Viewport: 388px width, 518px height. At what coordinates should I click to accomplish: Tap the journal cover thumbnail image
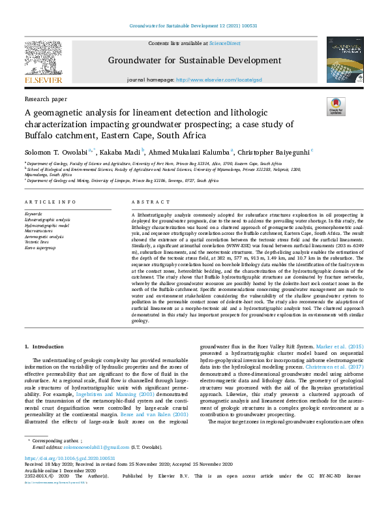(x=344, y=59)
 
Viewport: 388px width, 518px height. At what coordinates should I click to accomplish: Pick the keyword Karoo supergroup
(x=40, y=249)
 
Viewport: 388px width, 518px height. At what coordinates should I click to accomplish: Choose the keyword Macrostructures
(x=40, y=231)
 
